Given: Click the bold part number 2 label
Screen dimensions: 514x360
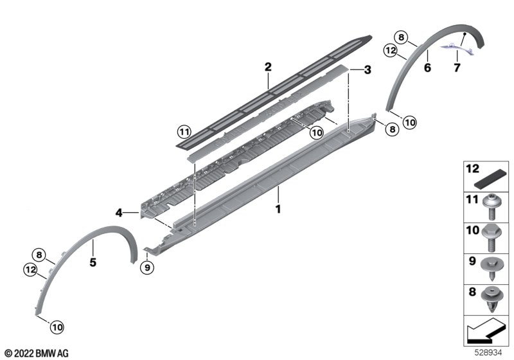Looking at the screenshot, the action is coord(268,67).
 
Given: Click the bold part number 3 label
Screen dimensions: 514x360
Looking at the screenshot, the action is coord(368,69).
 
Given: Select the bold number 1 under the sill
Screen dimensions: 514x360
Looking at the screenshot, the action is coord(278,208).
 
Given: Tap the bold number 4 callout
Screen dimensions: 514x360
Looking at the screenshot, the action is coord(119,213).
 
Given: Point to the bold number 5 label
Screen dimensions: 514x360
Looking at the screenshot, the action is coord(93,262).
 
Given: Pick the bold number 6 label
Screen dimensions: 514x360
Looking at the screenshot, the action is coord(427,67).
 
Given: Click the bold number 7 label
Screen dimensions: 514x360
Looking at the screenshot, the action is coord(457,67).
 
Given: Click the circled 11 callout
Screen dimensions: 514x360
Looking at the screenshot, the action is coord(184,132).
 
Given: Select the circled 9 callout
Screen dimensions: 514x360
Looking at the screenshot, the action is coord(147,268).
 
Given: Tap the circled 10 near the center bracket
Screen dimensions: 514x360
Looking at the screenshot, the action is coord(317,133).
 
